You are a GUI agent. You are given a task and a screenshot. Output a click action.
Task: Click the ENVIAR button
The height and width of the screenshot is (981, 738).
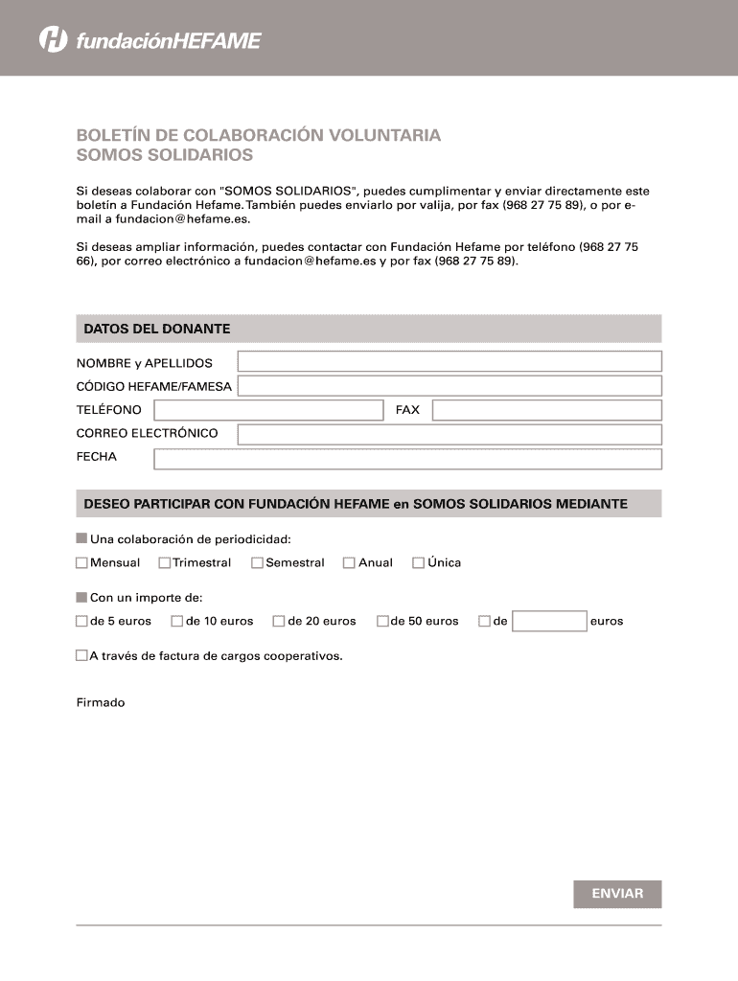point(617,894)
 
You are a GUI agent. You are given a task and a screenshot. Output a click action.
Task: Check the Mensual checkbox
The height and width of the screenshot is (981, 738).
point(81,563)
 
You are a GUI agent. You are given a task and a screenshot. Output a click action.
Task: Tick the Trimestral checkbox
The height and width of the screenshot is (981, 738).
point(165,563)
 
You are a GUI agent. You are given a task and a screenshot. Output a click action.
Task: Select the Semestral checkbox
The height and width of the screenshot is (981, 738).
point(257,563)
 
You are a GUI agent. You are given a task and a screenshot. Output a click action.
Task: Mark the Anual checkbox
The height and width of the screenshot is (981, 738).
point(349,563)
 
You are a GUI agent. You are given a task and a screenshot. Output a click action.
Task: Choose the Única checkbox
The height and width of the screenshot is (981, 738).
point(418,563)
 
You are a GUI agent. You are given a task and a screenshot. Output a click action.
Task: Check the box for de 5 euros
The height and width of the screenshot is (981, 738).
point(81,622)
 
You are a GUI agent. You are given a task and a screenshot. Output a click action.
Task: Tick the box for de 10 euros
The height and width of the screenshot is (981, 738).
point(176,622)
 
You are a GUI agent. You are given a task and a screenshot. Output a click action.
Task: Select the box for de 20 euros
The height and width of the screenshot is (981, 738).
point(279,622)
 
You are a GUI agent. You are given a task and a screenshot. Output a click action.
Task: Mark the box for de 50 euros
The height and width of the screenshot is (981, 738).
point(382,622)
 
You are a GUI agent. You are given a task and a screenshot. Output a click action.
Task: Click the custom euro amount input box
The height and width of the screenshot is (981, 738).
point(549,622)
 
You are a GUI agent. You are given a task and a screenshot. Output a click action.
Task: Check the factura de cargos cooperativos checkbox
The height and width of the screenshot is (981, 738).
point(81,656)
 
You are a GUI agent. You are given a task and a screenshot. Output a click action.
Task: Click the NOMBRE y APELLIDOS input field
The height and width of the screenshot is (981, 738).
point(449,361)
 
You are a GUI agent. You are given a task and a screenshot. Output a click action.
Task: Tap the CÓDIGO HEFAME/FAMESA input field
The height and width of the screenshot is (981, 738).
point(449,386)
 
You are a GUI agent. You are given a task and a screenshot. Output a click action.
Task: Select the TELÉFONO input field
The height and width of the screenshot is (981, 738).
point(267,410)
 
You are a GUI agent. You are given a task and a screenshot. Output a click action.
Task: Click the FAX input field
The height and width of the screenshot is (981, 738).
point(546,410)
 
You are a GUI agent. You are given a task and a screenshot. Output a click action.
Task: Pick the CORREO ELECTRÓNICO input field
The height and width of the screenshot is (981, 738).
point(449,434)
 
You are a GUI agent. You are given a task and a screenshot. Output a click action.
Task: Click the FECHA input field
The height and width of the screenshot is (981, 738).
point(407,459)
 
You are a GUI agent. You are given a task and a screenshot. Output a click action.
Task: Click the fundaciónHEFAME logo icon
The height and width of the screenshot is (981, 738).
point(53,40)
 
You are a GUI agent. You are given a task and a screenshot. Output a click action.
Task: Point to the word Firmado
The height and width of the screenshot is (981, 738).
point(101,703)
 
